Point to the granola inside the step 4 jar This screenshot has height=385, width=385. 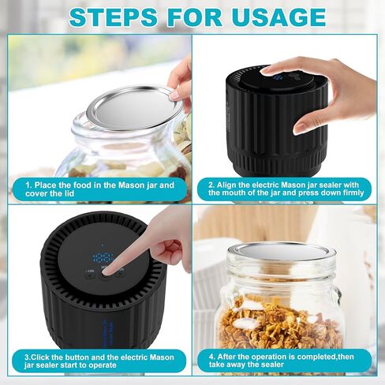click(x=280, y=323)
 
